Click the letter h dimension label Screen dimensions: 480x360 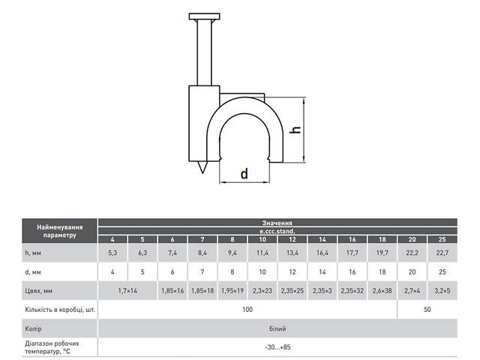pos(295,130)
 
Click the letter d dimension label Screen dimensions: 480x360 pos(244,174)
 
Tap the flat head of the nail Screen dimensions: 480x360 pos(205,16)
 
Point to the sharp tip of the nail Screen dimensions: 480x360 pos(202,173)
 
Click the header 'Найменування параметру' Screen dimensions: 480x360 pos(60,231)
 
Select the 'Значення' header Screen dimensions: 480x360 pos(277,223)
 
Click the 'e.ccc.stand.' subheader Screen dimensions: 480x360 pos(277,231)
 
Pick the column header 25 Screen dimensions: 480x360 pos(442,239)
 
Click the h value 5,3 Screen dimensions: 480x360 pos(112,253)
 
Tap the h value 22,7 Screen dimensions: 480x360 pos(442,253)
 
